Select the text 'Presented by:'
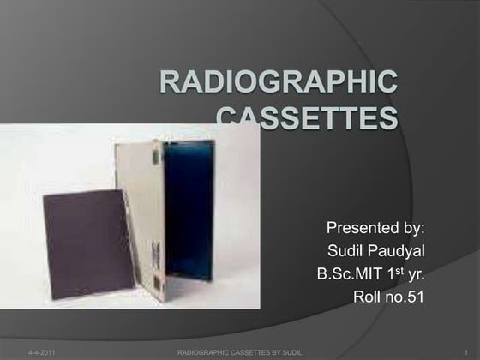pyautogui.click(x=376, y=229)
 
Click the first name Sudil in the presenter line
pyautogui.click(x=346, y=252)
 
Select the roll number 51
pyautogui.click(x=417, y=297)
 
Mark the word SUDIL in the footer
pyautogui.click(x=292, y=352)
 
